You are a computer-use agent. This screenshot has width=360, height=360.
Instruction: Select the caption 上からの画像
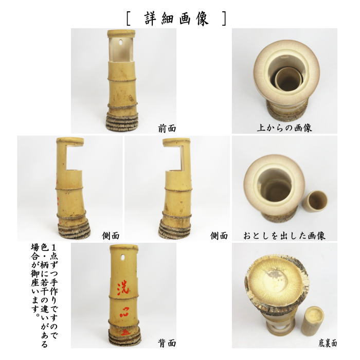(x=284, y=128)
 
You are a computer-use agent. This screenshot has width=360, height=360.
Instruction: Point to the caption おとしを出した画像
(x=284, y=236)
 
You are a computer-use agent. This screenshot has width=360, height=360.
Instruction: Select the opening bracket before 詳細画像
(x=128, y=19)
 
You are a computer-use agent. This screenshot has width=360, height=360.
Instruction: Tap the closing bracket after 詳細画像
(x=222, y=19)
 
